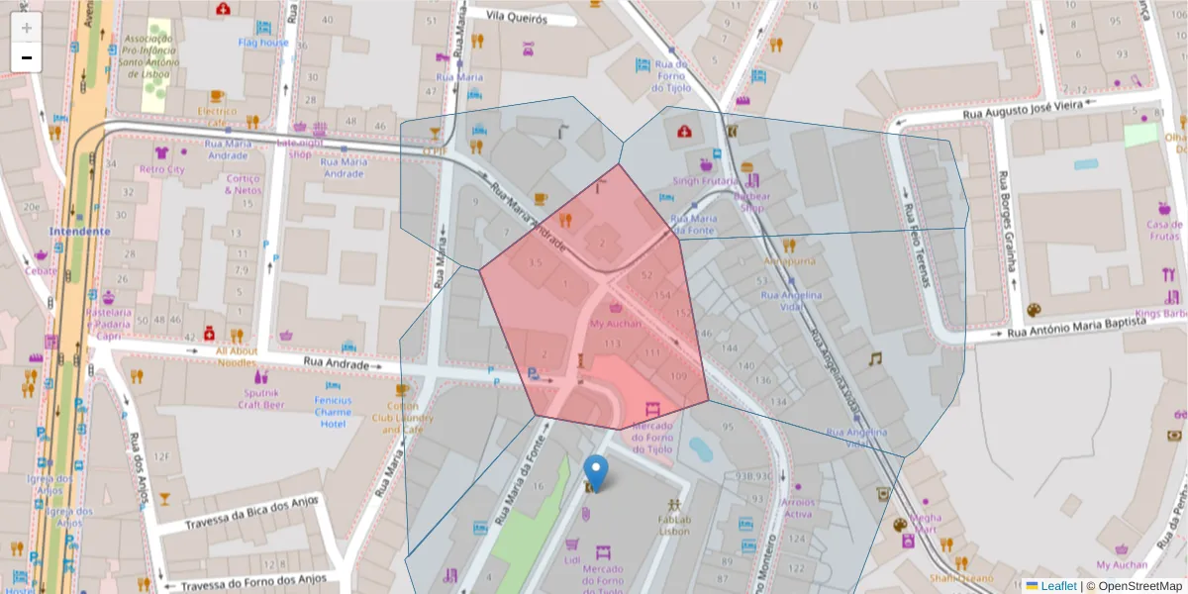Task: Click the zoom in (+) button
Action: (27, 28)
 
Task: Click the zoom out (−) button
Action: (27, 57)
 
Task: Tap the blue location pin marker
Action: (596, 472)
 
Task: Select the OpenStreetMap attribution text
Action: (1139, 586)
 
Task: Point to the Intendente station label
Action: (79, 231)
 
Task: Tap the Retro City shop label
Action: (162, 169)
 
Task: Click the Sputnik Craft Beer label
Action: (261, 398)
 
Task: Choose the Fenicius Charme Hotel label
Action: (334, 412)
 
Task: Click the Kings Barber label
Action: (1160, 314)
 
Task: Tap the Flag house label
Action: (263, 43)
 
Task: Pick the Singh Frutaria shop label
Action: (706, 181)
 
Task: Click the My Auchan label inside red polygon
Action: (616, 323)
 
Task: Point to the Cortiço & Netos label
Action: (244, 184)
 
